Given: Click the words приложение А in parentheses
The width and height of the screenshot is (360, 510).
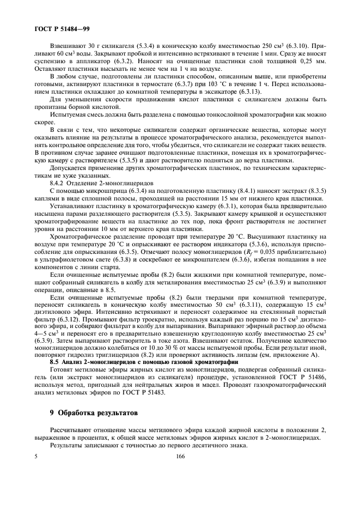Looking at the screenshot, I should click(x=304, y=354).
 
